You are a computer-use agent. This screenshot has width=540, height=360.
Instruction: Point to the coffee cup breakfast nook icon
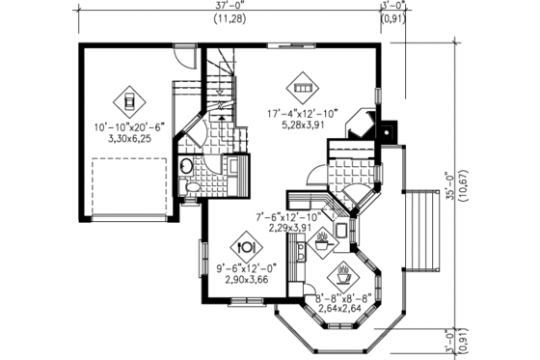coord(344,266)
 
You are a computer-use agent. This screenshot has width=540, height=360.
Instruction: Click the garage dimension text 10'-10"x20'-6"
coord(128,127)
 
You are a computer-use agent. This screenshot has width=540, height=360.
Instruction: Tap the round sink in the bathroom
coord(185,166)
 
